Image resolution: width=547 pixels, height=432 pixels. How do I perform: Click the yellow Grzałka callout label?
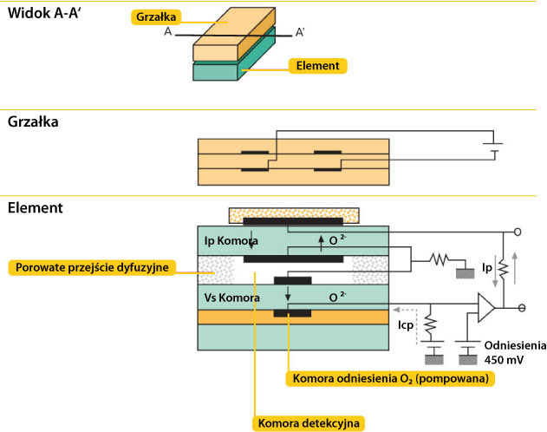tap(157, 16)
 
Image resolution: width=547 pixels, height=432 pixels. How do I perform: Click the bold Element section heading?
tap(35, 209)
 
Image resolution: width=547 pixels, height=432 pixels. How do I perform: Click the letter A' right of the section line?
tap(300, 32)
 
